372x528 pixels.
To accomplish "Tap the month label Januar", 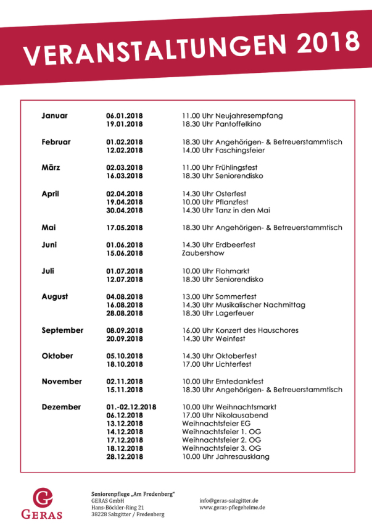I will [55, 115].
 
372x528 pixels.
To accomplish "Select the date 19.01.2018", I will [124, 124].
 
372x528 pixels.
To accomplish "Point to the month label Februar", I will [56, 141].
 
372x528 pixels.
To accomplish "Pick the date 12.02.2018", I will [124, 150].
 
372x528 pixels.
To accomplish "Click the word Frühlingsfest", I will [237, 167].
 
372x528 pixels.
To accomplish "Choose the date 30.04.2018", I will [124, 211].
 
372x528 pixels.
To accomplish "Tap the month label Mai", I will [49, 227].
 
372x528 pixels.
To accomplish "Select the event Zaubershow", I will [203, 253].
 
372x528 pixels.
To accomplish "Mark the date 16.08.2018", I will [124, 305].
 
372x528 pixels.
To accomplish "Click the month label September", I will [62, 330].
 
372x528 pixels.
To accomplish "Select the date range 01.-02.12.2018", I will [131, 407].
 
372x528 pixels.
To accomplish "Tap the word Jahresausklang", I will [242, 457].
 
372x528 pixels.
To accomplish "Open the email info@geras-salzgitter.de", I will [229, 500].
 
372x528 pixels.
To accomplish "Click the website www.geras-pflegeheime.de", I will [232, 508].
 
